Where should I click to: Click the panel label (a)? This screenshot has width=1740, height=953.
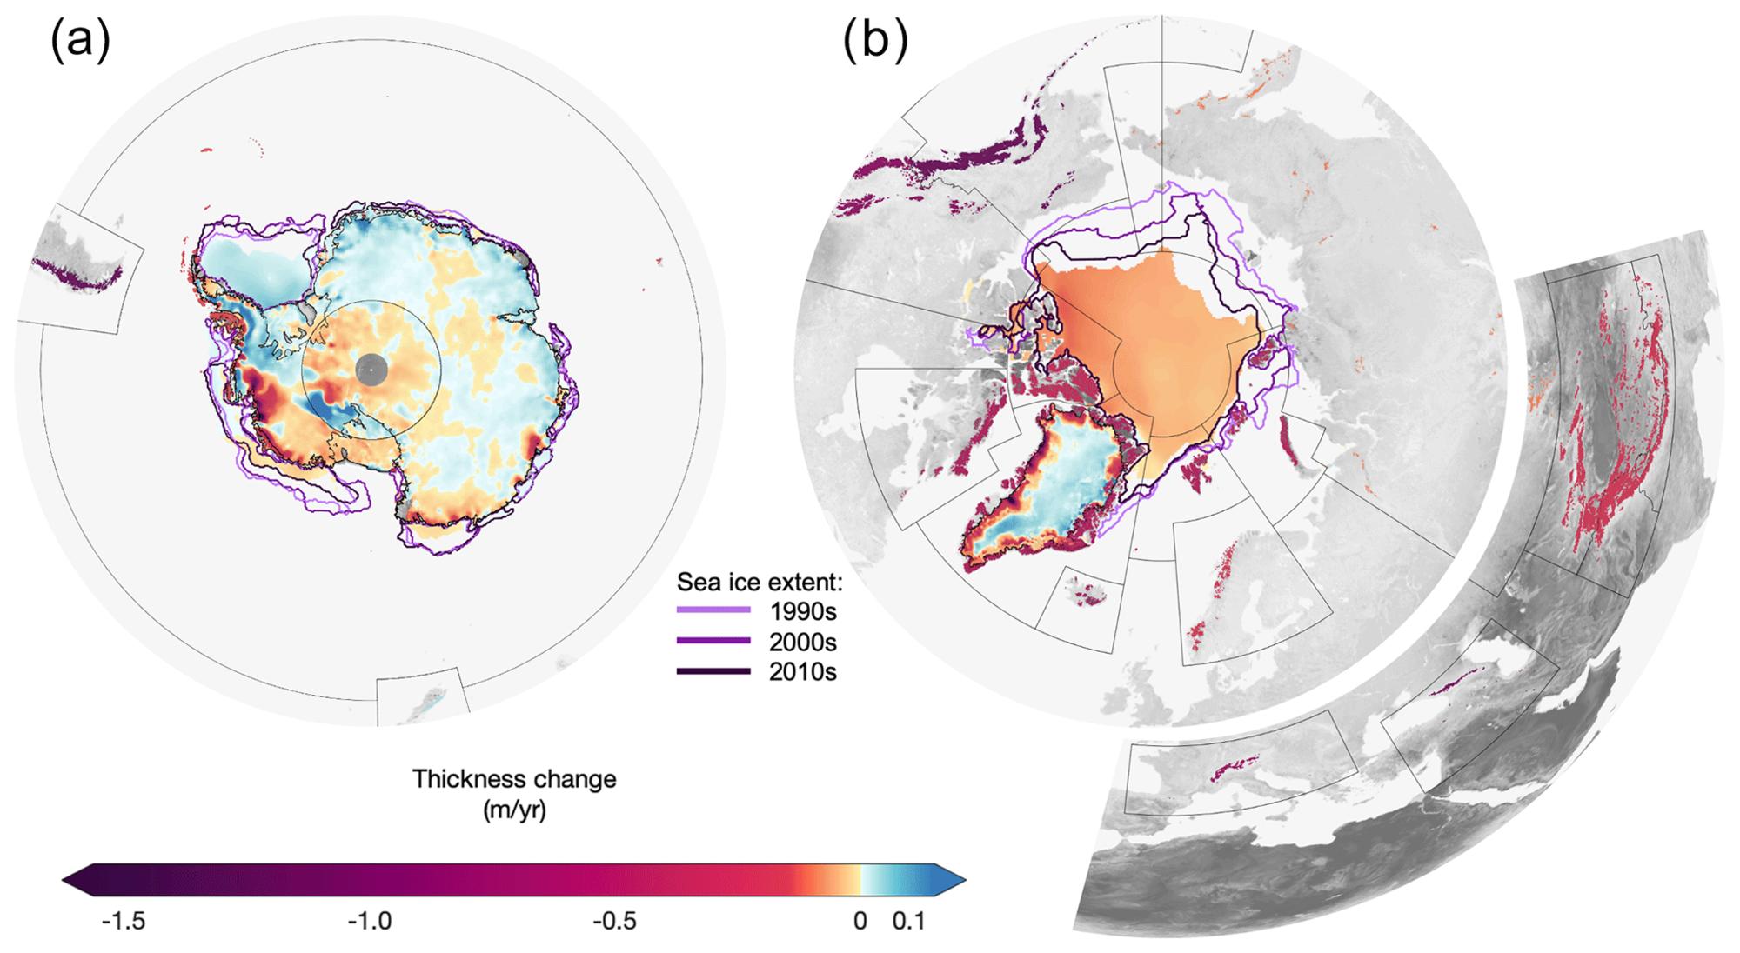click(80, 42)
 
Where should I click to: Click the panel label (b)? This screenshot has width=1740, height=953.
click(874, 42)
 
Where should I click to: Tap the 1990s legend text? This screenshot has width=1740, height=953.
click(802, 611)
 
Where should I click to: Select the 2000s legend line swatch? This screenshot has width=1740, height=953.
click(713, 642)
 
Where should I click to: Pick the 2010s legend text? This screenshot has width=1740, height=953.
click(802, 671)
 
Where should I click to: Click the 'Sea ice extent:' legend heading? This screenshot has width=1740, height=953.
click(754, 581)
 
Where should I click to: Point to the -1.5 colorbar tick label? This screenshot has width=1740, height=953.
click(124, 921)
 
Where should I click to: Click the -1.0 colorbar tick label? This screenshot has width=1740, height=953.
click(370, 921)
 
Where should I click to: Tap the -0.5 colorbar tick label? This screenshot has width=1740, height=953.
click(615, 921)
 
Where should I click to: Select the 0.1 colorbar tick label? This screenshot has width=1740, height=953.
click(909, 921)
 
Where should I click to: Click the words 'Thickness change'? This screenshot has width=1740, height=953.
click(514, 778)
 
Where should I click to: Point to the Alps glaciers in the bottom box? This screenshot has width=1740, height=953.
click(1228, 768)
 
